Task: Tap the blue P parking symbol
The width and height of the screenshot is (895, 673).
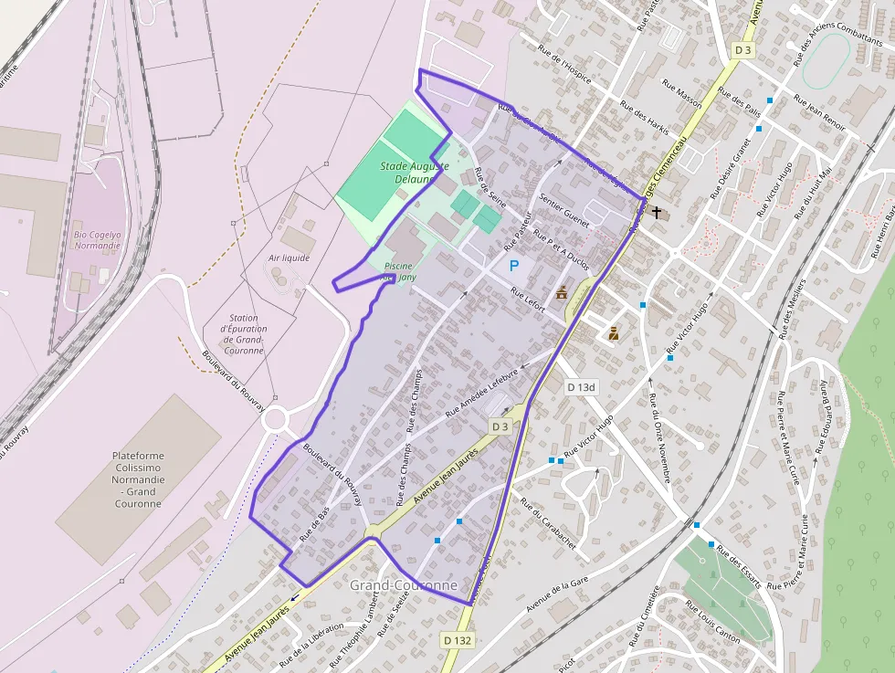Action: (x=514, y=266)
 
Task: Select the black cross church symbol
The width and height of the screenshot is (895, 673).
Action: (x=658, y=214)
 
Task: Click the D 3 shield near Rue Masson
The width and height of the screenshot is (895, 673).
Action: (x=742, y=49)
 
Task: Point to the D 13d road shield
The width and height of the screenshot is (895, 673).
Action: (x=581, y=387)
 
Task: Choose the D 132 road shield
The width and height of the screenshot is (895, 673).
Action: (x=457, y=640)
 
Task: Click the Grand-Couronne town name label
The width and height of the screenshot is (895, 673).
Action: (x=403, y=584)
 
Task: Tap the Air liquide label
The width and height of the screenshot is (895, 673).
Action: (x=290, y=258)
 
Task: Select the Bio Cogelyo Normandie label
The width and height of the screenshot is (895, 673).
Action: (x=97, y=239)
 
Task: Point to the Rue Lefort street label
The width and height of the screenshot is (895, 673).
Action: (x=528, y=300)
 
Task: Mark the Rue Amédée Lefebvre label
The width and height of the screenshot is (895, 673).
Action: (x=482, y=393)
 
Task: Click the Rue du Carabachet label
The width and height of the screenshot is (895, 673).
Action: (x=548, y=522)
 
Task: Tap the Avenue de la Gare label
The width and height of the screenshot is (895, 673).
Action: (x=561, y=595)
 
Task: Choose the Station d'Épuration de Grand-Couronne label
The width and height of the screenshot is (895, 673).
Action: (x=243, y=334)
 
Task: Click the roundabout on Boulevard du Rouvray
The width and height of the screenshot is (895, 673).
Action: (x=274, y=420)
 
